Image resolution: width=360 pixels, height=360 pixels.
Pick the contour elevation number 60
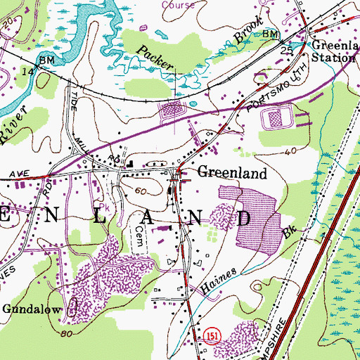pyautogui.click(x=141, y=191)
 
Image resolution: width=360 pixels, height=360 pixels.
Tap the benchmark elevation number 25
pyautogui.click(x=286, y=51)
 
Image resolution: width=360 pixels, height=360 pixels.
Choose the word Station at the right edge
pyautogui.click(x=335, y=58)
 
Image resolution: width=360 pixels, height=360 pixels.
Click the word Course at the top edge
pyautogui.click(x=177, y=4)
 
